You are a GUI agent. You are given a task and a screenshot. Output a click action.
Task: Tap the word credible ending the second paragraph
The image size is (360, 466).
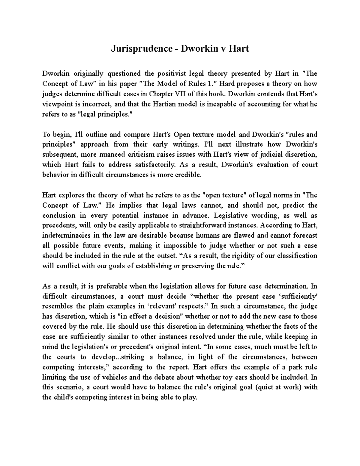[189, 175]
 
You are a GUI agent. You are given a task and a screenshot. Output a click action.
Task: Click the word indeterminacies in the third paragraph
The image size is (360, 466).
[65, 236]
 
